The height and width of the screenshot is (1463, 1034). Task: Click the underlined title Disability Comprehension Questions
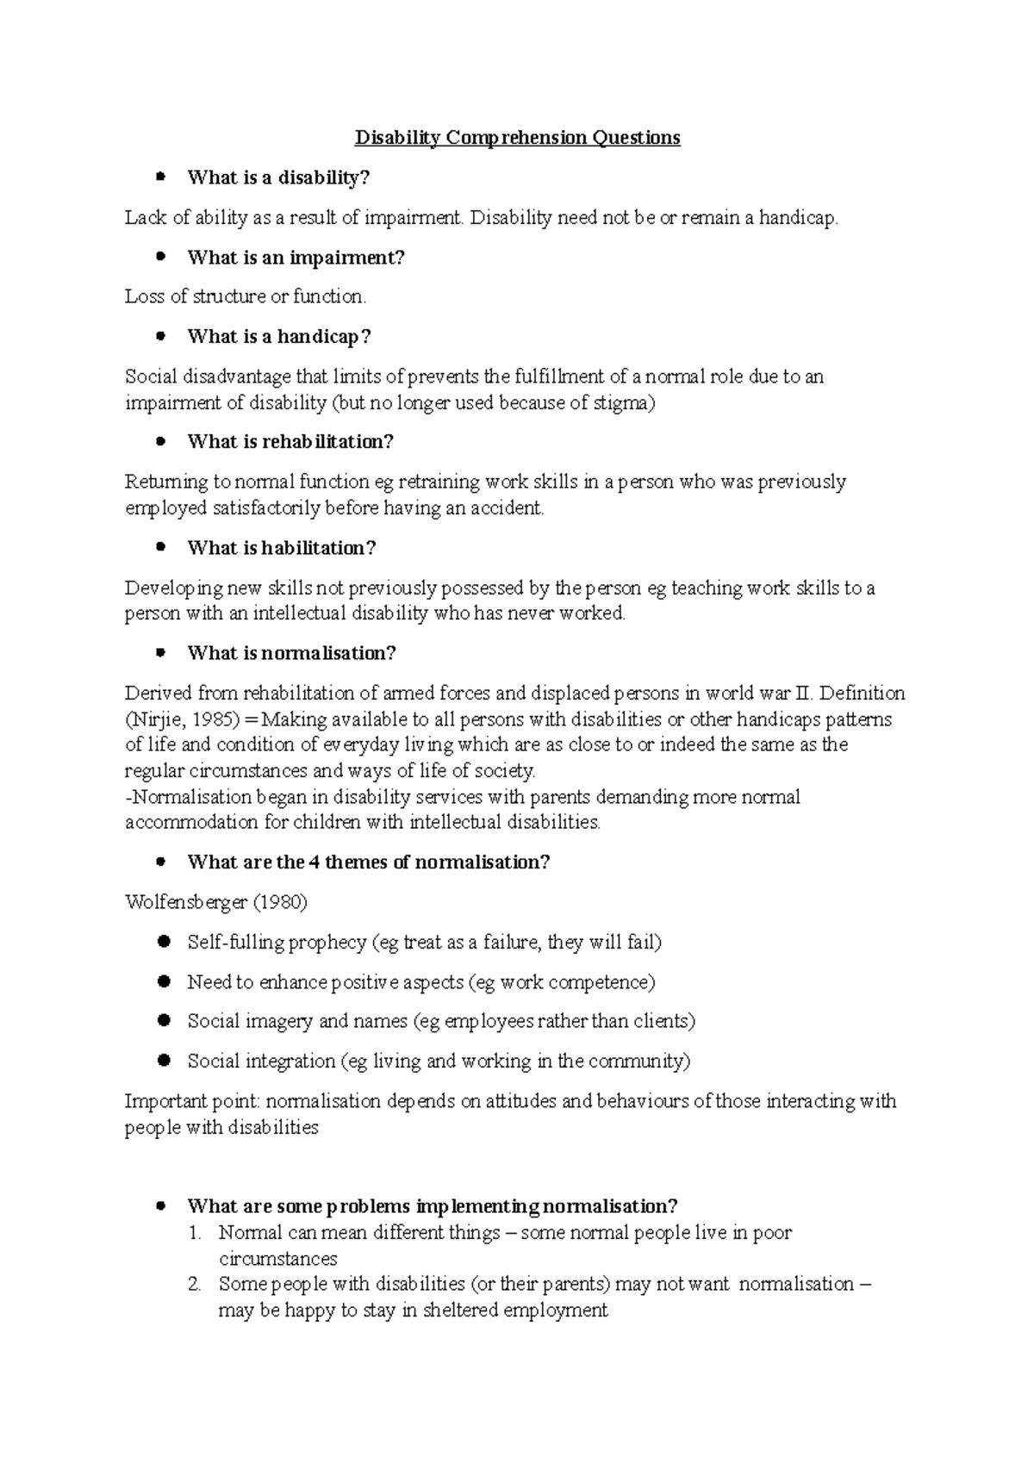518,138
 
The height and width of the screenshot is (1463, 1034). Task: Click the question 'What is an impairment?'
296,258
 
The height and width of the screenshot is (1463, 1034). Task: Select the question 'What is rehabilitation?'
290,442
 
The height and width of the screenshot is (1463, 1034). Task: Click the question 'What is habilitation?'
282,548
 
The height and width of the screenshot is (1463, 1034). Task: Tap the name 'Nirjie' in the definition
157,719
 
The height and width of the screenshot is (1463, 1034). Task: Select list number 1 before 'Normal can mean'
194,1233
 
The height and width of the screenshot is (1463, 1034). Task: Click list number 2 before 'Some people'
194,1285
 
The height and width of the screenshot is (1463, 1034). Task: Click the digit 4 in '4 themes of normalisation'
315,862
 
